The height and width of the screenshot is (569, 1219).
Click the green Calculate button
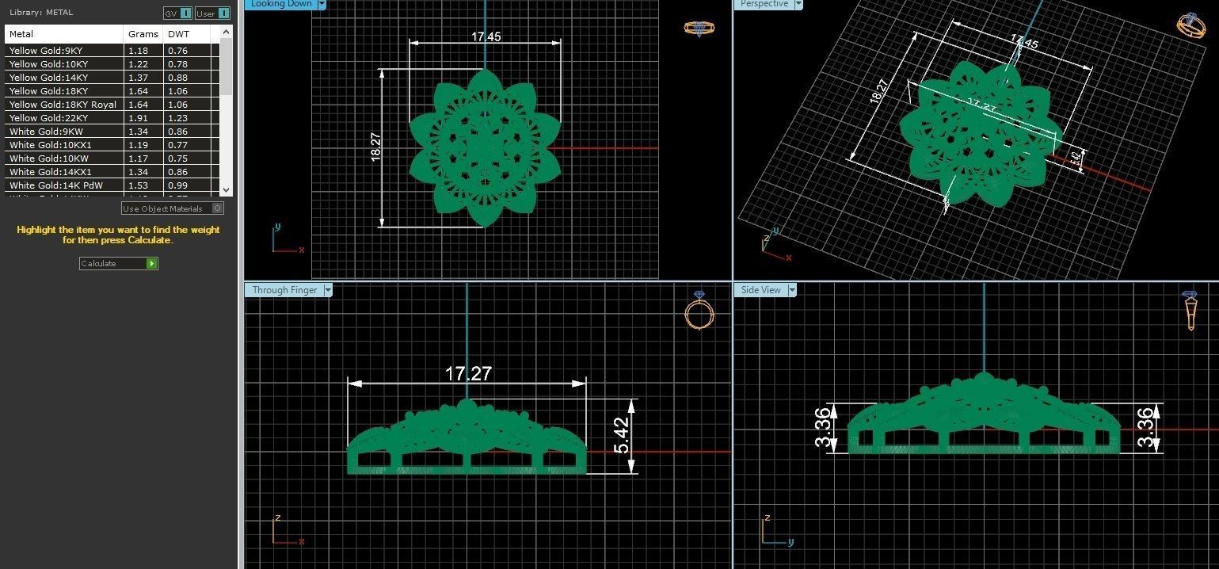[x=118, y=263]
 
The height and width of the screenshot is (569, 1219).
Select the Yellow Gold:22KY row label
[x=48, y=118]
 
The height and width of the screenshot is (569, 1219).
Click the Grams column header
[x=137, y=34]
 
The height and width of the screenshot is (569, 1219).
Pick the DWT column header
[x=178, y=34]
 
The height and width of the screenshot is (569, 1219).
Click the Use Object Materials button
[x=172, y=208]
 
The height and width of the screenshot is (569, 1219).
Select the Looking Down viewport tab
[x=281, y=4]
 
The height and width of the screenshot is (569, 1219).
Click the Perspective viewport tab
[x=764, y=4]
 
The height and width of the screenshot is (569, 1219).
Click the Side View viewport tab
[x=761, y=290]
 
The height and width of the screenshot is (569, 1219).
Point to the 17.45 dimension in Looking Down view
[x=486, y=37]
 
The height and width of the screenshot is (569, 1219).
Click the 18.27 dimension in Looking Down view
[x=375, y=147]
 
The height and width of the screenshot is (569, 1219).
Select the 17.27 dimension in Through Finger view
[x=468, y=373]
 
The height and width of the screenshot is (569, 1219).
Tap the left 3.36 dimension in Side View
[x=824, y=427]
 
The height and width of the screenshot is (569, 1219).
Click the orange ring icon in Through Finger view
[x=699, y=311]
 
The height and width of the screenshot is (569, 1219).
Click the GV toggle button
[x=177, y=13]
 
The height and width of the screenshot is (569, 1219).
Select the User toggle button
[x=212, y=13]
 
